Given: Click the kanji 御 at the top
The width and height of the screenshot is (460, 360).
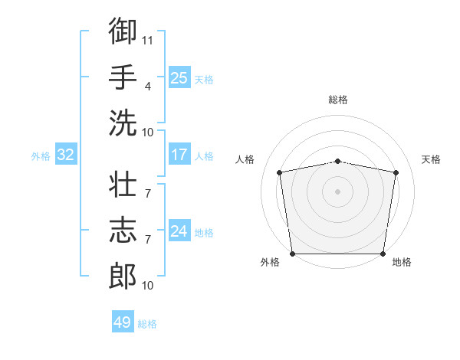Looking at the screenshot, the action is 123,31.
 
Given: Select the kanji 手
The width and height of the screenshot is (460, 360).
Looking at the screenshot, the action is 123,77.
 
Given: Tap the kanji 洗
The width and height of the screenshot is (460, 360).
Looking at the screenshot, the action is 123,123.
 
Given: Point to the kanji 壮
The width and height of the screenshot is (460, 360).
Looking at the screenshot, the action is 123,184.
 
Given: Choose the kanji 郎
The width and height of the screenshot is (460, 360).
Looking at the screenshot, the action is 123,276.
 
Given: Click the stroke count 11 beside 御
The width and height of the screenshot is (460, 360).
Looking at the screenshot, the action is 147,41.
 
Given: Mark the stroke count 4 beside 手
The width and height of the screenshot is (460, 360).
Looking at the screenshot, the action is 147,87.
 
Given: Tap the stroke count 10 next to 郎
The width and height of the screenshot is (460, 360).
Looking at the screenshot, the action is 147,285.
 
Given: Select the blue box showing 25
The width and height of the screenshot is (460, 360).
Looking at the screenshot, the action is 179,77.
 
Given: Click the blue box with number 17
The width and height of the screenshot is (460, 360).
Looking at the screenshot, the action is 179,154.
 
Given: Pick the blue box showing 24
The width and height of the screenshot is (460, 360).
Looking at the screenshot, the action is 179,230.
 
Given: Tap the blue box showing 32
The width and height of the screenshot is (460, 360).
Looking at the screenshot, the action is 66,154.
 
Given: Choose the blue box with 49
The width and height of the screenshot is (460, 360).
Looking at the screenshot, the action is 123,321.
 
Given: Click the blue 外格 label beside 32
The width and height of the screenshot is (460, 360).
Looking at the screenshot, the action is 41,156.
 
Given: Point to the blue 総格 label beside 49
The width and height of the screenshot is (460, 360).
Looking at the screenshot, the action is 147,324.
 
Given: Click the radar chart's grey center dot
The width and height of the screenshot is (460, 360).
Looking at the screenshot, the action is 337,191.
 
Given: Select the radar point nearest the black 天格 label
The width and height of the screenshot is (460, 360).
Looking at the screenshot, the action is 396,172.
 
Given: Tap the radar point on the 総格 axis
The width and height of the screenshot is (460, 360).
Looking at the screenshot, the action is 337,162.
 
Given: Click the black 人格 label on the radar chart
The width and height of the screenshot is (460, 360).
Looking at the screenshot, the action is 245,159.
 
